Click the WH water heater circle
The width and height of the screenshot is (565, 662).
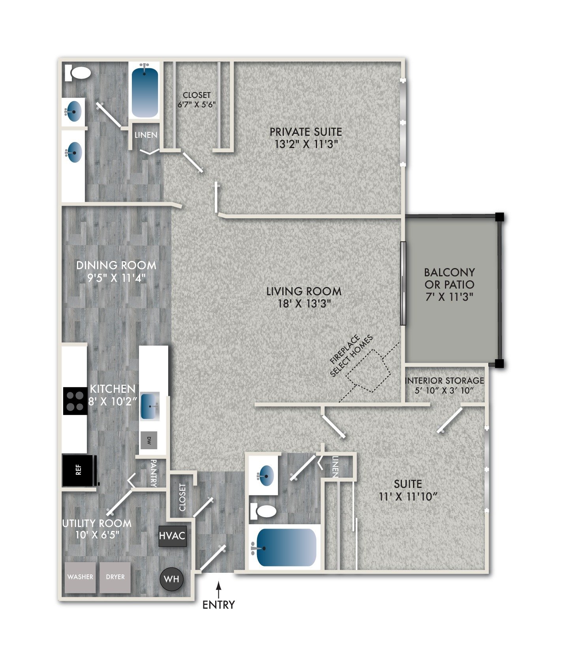[171, 579]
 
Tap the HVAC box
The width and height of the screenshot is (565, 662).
[172, 536]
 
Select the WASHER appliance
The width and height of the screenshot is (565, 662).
[80, 577]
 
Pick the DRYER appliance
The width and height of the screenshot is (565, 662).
[115, 577]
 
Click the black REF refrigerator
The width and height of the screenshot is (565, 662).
[79, 470]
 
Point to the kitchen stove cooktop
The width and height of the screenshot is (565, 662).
[75, 401]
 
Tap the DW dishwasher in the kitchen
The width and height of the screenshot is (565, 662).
[149, 440]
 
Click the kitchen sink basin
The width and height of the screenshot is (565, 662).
[150, 406]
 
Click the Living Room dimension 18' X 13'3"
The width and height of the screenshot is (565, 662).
[304, 304]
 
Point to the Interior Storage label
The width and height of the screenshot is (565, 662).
[444, 381]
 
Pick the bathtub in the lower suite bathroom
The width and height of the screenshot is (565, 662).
[286, 548]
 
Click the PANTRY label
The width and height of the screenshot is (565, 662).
[154, 473]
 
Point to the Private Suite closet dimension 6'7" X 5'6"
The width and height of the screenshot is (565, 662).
[196, 104]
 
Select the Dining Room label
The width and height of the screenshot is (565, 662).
[116, 265]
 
